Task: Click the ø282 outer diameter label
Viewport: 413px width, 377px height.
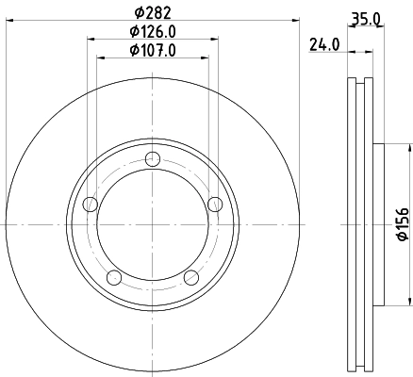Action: point(152,12)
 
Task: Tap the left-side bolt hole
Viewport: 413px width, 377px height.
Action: point(91,205)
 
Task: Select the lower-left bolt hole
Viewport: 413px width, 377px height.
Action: point(114,277)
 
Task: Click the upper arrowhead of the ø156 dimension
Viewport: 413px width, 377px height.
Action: point(411,146)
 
